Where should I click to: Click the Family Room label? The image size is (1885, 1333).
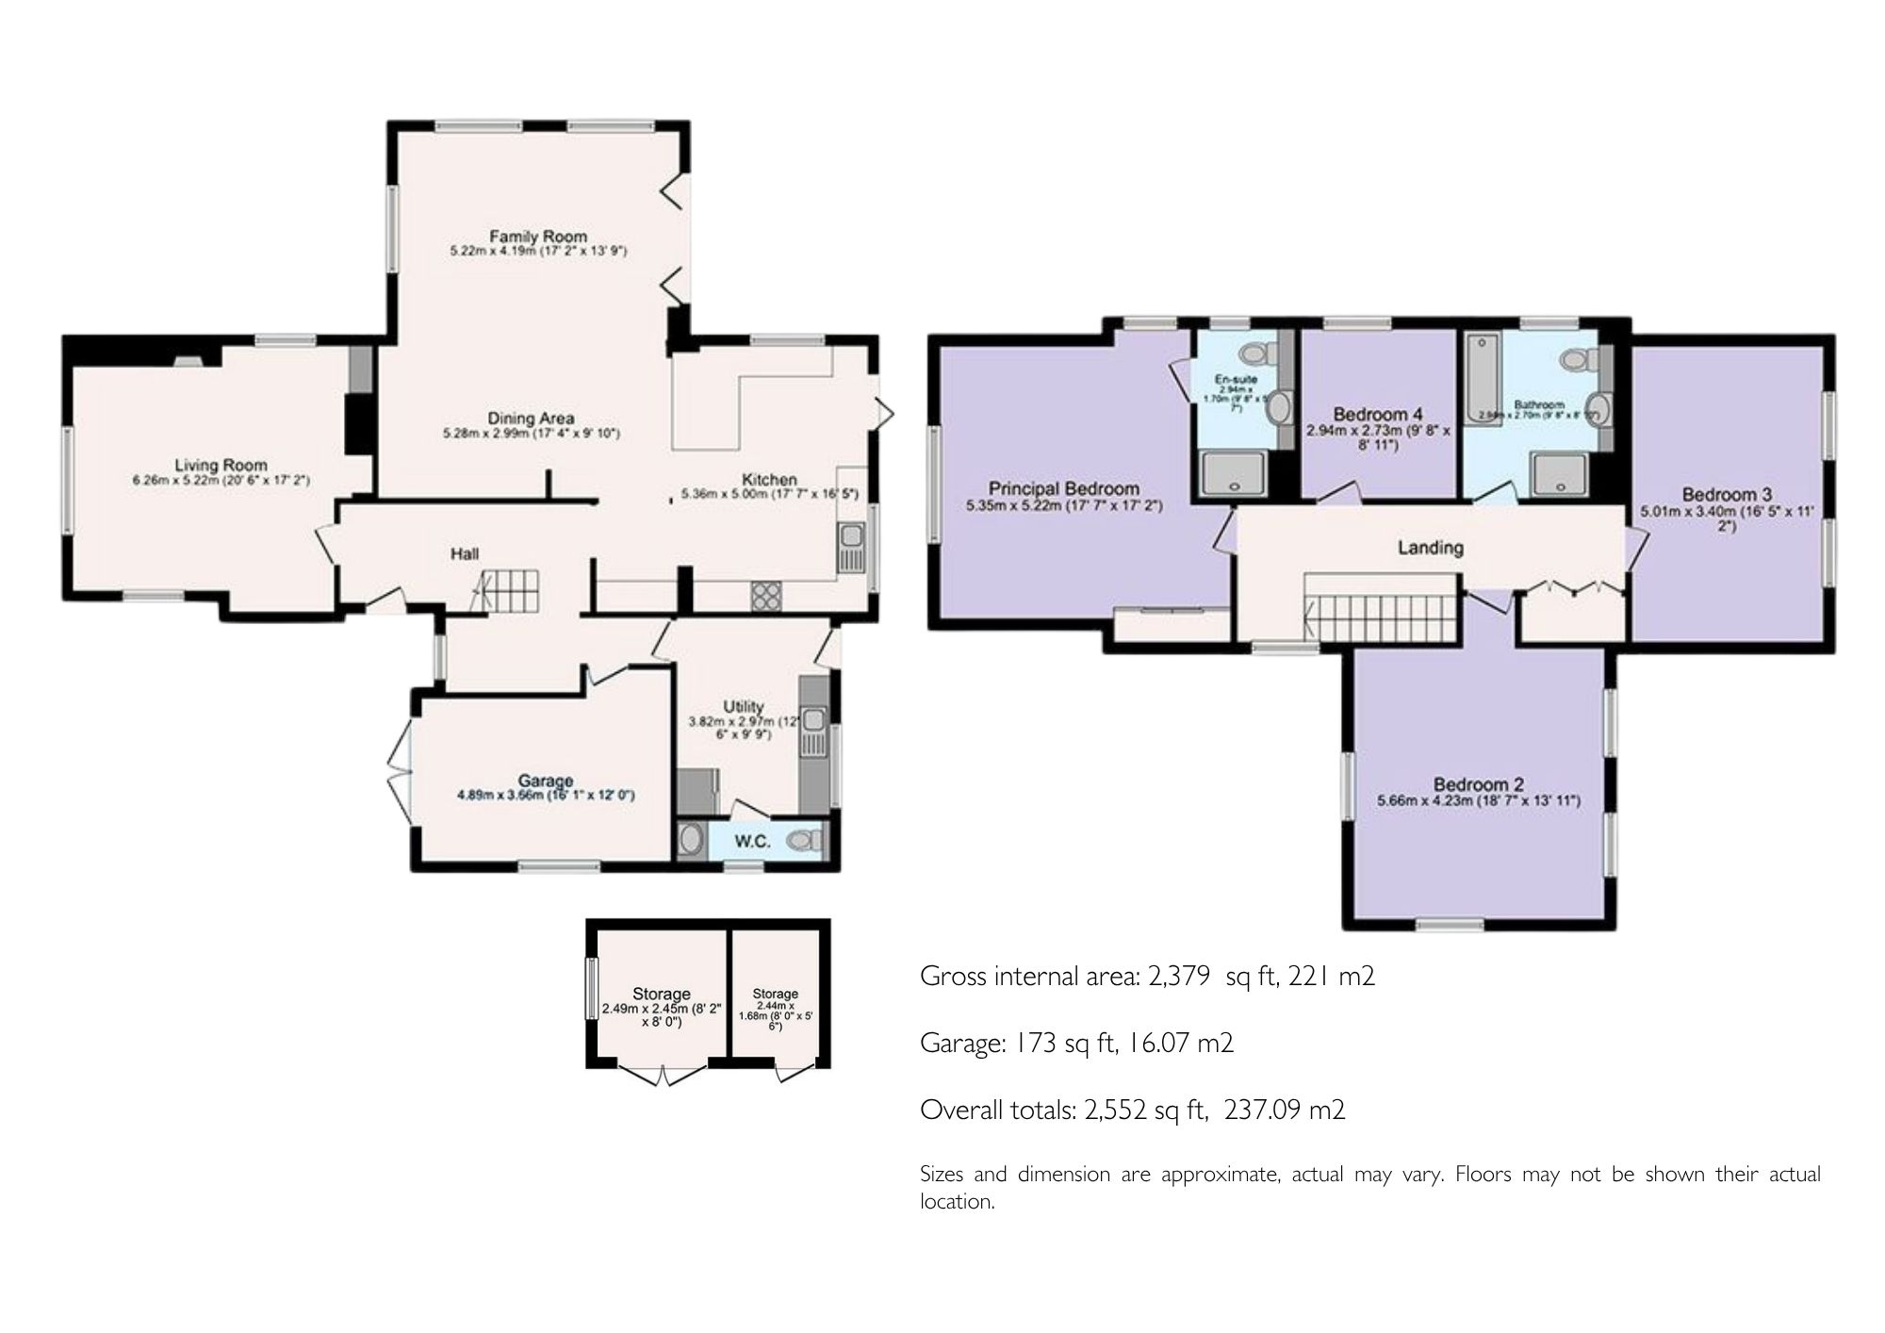[537, 236]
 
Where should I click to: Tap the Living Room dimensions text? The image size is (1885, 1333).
[221, 481]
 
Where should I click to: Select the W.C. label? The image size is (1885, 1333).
[754, 841]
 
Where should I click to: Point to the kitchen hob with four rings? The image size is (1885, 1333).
[764, 595]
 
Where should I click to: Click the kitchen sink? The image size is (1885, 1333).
[851, 550]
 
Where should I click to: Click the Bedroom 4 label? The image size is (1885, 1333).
[1378, 414]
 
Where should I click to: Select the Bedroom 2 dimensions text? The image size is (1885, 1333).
[1478, 801]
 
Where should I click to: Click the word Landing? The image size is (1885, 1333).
[1430, 547]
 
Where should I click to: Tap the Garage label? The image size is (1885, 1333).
[546, 781]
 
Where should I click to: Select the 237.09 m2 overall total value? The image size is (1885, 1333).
[1284, 1110]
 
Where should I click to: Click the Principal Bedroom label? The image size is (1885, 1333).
[1063, 488]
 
